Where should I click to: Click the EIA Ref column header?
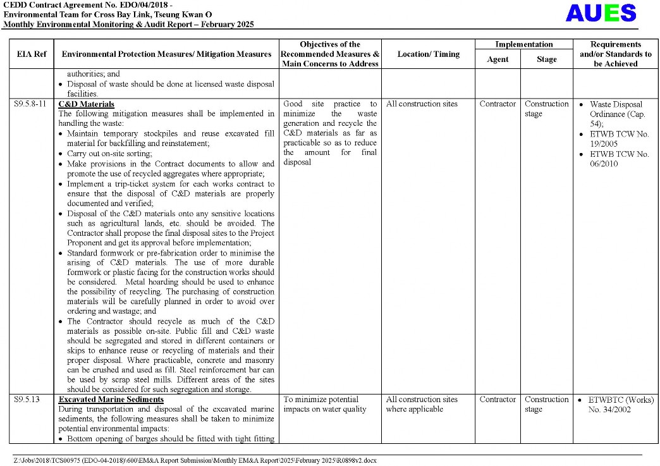[x=31, y=54]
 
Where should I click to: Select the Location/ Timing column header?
[x=428, y=54]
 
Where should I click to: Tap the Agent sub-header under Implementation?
[x=498, y=59]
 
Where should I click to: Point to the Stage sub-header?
[x=546, y=59]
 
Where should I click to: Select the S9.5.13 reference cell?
[x=27, y=400]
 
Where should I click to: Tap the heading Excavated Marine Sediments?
[x=111, y=400]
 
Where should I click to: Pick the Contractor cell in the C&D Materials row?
[x=498, y=104]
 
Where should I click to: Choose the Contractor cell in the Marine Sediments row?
[x=498, y=400]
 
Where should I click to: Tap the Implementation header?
[x=523, y=44]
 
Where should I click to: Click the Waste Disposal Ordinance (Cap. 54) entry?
[x=615, y=114]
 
